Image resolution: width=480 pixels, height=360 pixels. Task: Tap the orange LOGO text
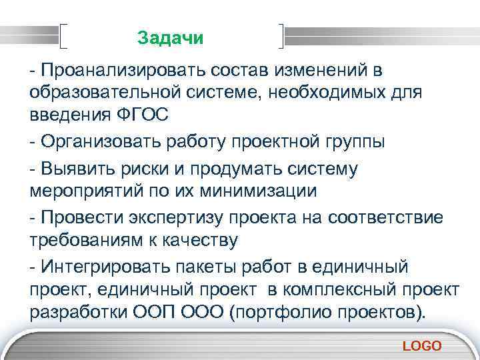422,345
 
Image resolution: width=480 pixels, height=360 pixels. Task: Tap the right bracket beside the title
283,37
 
